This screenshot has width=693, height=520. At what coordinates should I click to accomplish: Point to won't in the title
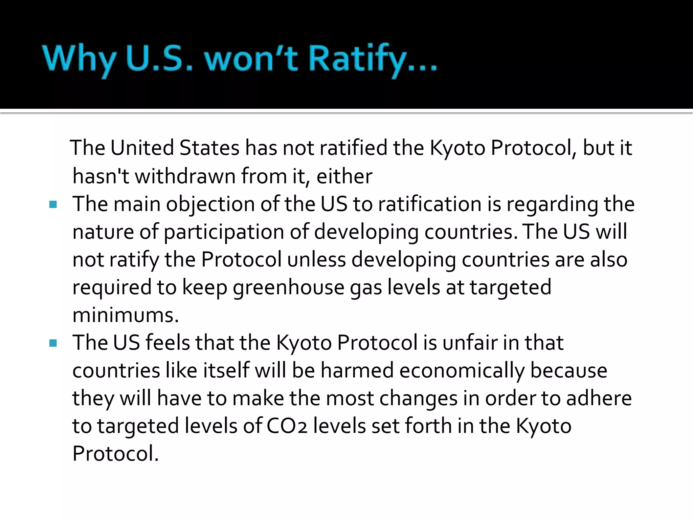click(251, 58)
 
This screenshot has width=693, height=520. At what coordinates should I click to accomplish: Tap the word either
click(344, 176)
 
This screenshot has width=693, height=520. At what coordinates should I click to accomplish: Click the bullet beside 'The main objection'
click(53, 204)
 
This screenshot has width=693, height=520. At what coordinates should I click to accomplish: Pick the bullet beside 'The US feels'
click(53, 343)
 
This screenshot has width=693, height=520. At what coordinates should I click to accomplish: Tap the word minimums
click(125, 315)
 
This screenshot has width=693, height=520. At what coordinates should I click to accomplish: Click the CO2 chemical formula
click(287, 426)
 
